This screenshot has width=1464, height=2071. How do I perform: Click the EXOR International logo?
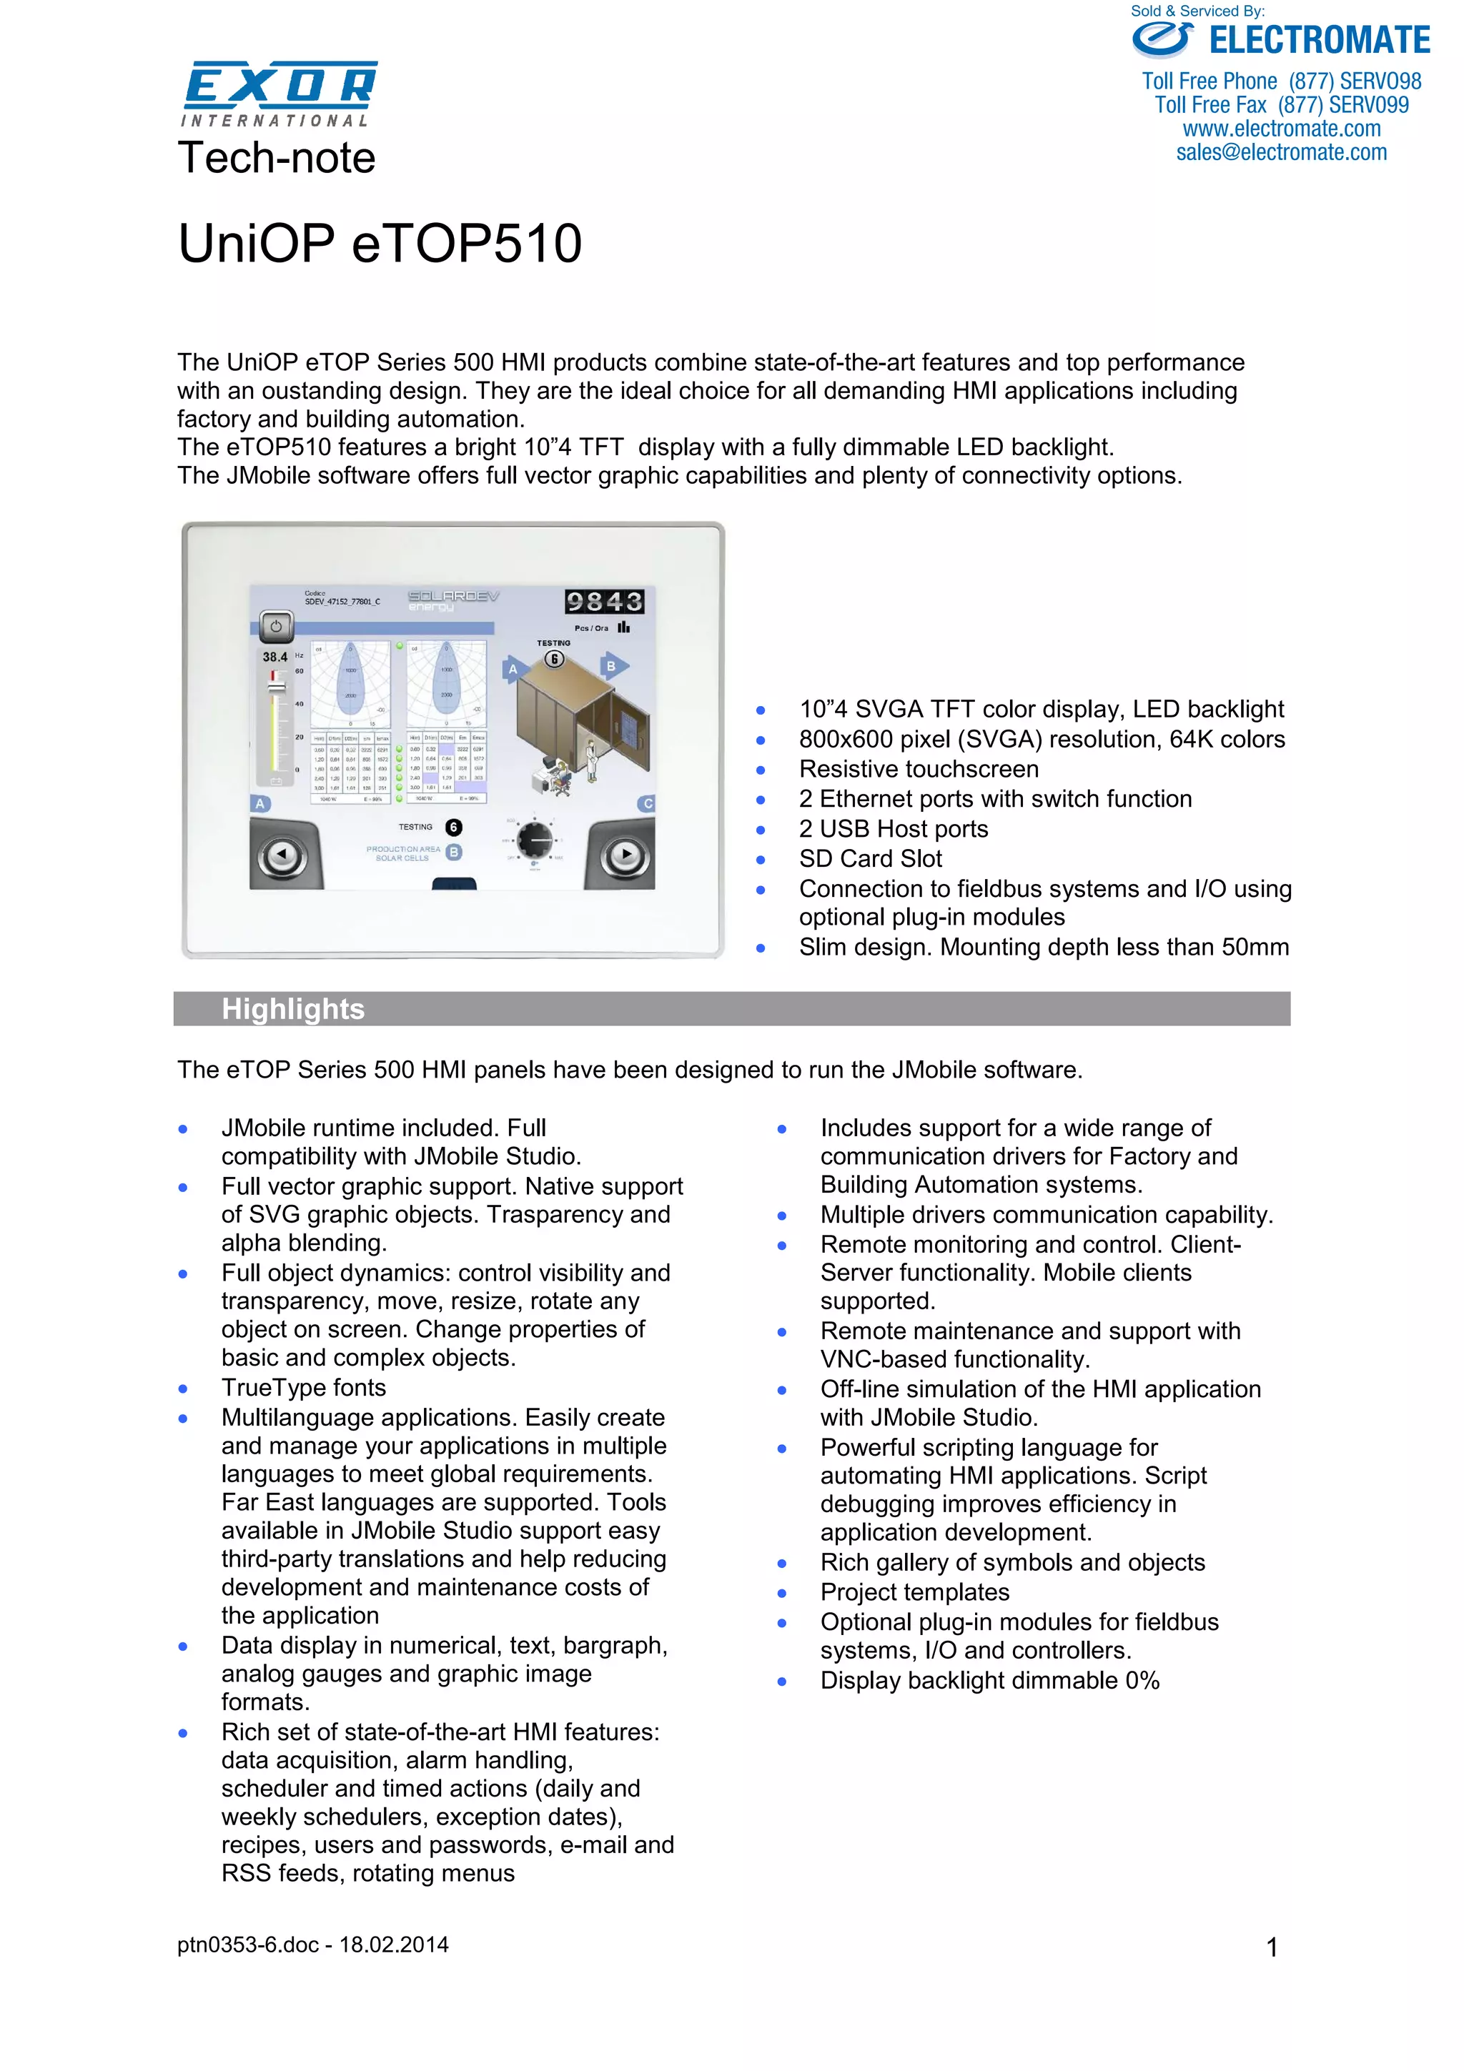[x=280, y=92]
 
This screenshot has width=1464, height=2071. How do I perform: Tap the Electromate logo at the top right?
[x=1280, y=41]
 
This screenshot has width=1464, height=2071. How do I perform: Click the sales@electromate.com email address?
[x=1281, y=152]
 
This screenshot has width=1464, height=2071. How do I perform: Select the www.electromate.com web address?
[x=1281, y=129]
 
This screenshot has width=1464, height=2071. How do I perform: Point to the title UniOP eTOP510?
[x=380, y=244]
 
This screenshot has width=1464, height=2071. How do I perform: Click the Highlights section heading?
[x=293, y=1008]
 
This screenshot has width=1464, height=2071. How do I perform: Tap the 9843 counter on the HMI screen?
[x=604, y=602]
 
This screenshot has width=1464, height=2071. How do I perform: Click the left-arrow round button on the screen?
[x=282, y=853]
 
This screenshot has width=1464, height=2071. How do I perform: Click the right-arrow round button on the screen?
[x=624, y=853]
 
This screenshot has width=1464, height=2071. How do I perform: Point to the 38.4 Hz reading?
[x=276, y=657]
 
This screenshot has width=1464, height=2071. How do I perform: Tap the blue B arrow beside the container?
[x=613, y=667]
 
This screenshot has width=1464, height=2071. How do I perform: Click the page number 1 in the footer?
[x=1271, y=1947]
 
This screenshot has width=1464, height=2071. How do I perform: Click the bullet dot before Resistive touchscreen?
[x=761, y=770]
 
